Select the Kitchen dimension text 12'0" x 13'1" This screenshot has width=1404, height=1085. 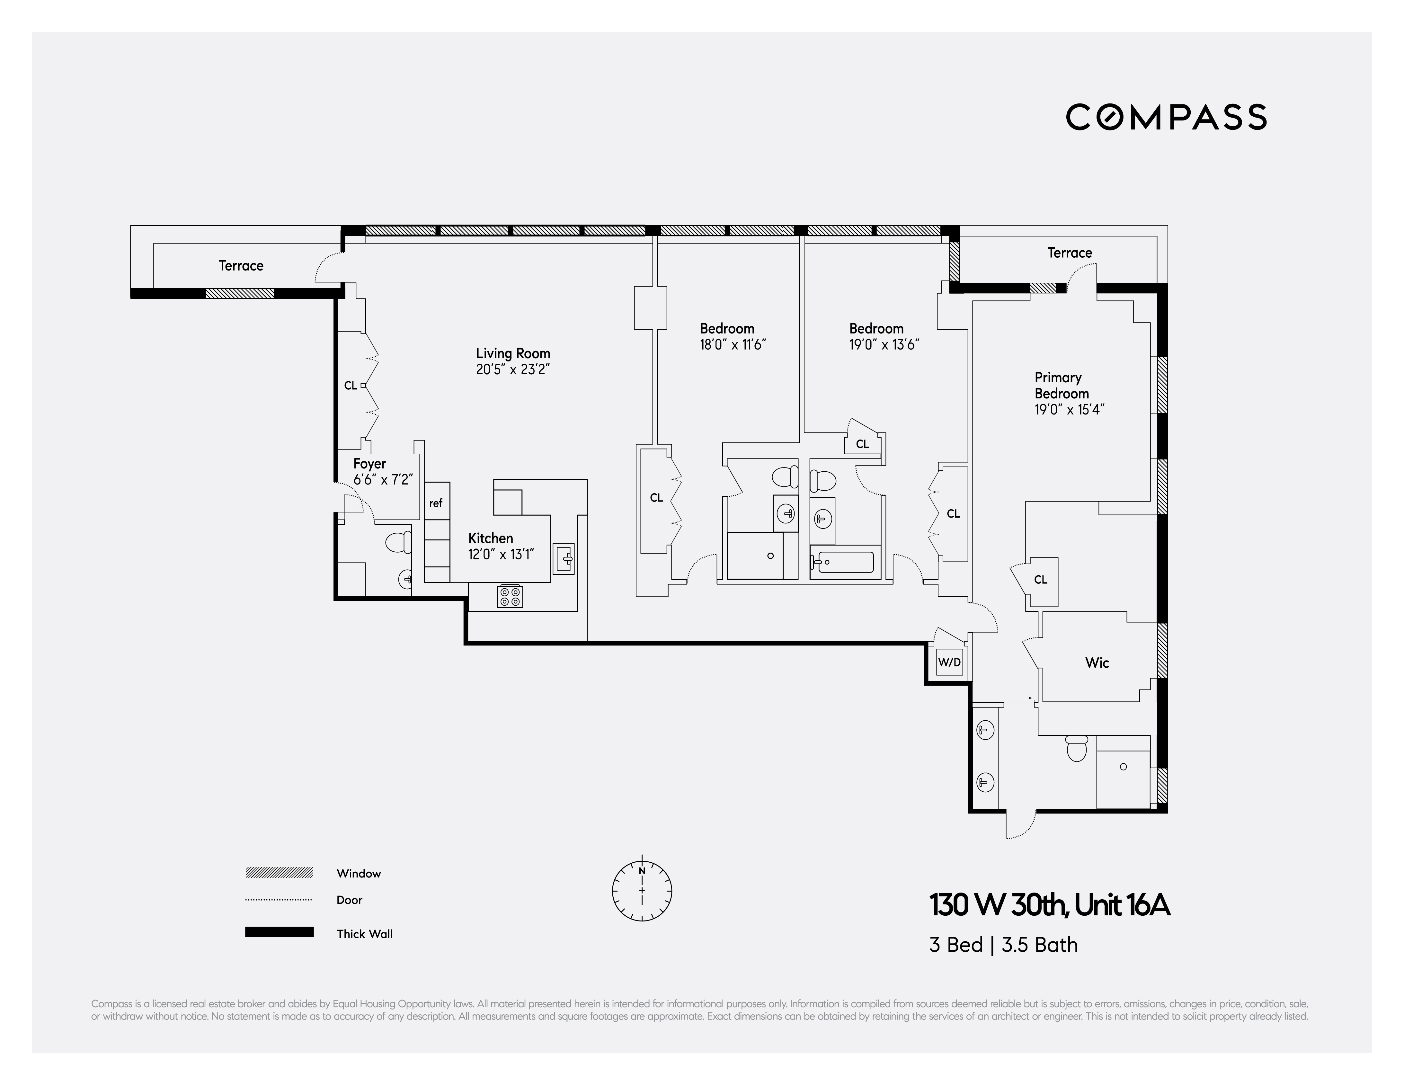click(x=501, y=554)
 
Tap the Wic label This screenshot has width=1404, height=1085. click(x=1097, y=663)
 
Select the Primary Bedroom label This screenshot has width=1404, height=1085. click(x=1062, y=386)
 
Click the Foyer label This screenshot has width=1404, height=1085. click(x=370, y=463)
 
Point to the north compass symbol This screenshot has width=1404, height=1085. click(x=642, y=890)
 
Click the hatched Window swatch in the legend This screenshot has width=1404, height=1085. click(x=279, y=872)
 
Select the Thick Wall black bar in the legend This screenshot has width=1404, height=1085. click(x=279, y=932)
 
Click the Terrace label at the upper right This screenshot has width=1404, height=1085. click(x=1069, y=253)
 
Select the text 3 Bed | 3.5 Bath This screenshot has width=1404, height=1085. click(x=1003, y=945)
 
